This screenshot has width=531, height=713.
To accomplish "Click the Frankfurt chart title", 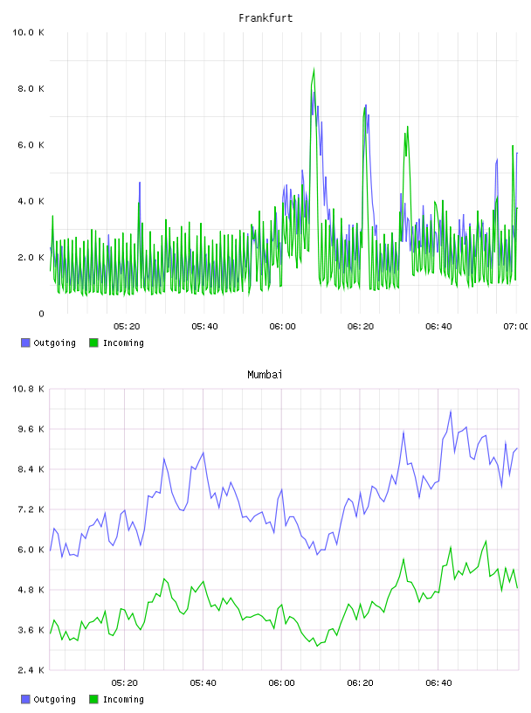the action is pos(265,18).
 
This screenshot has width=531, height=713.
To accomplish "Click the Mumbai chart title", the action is pos(265,375).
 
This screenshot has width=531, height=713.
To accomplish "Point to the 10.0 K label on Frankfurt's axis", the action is pos(28,32).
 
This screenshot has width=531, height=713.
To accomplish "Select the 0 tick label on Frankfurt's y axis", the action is pos(41,314).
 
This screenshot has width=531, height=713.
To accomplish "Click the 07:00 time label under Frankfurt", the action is pos(515,327).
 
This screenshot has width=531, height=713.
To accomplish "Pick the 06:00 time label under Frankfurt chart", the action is pos(282,327).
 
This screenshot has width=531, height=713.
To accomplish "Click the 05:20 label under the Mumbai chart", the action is pos(125,683).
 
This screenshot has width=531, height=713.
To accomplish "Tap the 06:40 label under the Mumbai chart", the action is pos(438,683).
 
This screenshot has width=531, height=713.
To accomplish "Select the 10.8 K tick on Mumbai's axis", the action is pos(28,389).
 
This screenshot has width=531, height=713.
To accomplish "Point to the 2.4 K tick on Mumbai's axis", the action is pos(31,670).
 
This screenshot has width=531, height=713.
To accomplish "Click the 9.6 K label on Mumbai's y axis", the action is pos(31,429).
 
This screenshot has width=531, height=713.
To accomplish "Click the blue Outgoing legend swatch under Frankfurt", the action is pos(25,343).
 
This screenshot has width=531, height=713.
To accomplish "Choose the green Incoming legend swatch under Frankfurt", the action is pos(93,343).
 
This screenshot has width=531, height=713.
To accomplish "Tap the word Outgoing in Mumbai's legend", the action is pos(54,699).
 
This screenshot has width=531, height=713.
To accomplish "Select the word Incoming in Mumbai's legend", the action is pos(123,699).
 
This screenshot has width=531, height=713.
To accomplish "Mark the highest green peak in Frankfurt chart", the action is pos(314,69).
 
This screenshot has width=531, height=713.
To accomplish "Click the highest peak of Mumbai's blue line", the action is pos(451,411).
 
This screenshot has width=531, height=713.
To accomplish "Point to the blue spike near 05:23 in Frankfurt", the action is pos(140,183).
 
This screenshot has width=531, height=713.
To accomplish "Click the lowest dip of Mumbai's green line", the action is pos(318,646).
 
